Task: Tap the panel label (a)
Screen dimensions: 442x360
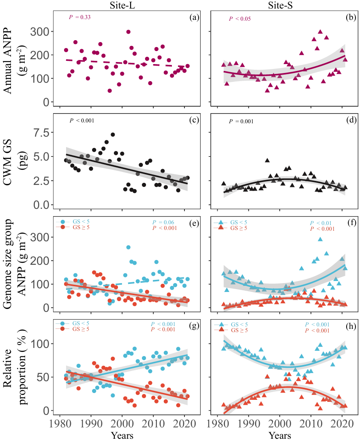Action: tap(193, 17)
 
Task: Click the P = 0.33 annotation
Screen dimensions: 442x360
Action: tap(79, 17)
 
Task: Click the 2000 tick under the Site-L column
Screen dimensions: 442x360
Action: tap(122, 424)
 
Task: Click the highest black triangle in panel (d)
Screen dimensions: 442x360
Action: tap(267, 161)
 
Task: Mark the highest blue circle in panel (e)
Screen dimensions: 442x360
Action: tap(128, 247)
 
